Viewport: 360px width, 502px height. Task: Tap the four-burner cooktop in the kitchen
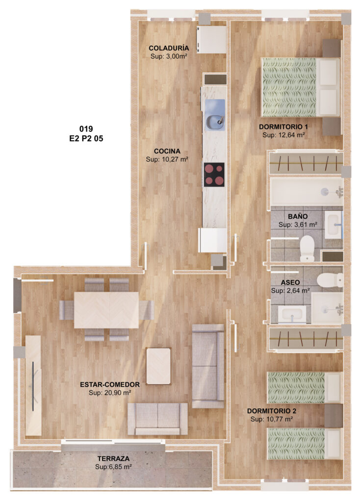214,175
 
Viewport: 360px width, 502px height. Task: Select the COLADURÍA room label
169,48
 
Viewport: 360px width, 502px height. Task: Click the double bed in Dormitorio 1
301,87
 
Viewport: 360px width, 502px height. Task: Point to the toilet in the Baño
307,248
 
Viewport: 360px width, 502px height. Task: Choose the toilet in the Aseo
330,279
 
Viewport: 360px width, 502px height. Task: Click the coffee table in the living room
158,366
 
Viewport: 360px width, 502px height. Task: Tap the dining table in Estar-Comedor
106,310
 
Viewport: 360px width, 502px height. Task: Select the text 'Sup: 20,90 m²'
110,393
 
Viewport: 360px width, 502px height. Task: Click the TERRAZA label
113,458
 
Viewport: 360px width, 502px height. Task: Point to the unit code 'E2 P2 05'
86,139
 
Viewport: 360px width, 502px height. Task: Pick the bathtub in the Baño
307,192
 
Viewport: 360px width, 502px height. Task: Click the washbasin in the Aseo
292,314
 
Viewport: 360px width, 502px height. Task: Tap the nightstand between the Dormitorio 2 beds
334,416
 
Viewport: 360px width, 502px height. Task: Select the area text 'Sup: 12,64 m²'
283,135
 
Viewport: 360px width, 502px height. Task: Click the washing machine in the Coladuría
211,39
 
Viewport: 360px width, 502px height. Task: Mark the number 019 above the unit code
86,129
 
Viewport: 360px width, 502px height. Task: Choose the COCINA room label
167,151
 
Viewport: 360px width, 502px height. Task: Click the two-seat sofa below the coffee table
157,419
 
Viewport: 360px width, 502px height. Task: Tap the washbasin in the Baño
334,225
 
